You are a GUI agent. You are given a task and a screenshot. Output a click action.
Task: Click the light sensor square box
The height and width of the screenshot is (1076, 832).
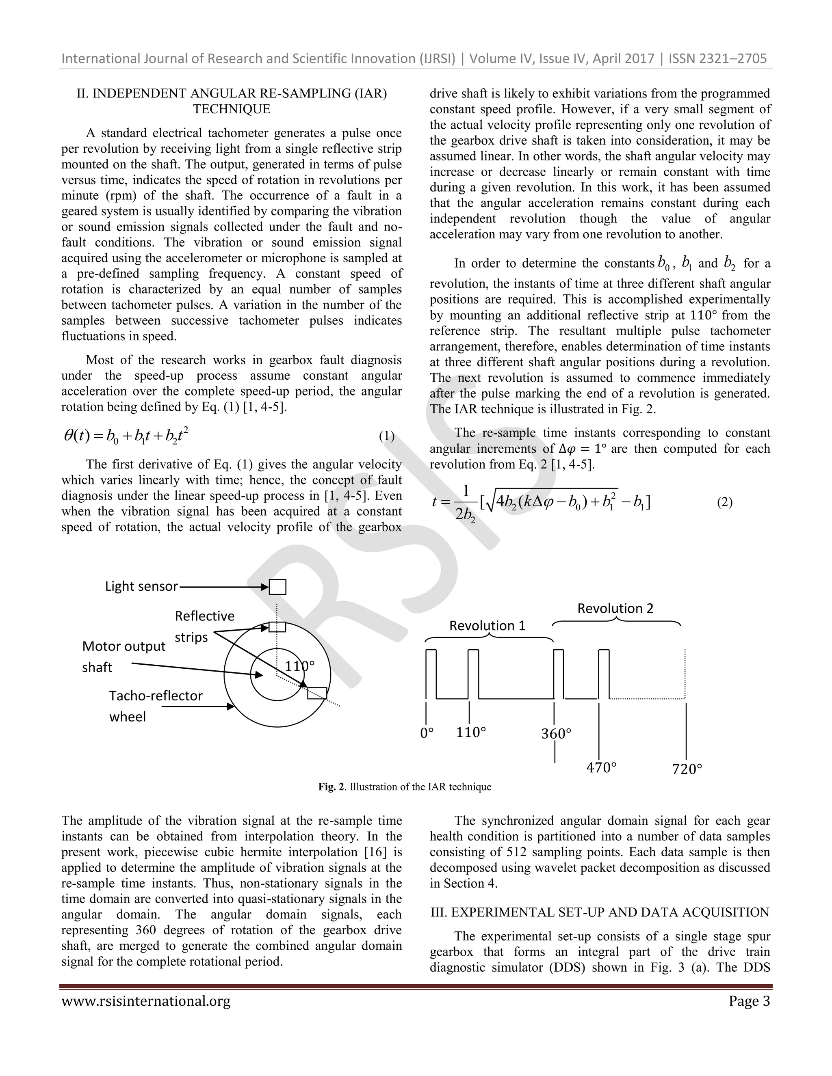[x=277, y=587]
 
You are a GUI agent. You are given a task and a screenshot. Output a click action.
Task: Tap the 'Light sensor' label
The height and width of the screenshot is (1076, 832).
[x=141, y=586]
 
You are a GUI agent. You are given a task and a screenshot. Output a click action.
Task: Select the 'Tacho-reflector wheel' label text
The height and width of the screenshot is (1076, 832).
[x=155, y=706]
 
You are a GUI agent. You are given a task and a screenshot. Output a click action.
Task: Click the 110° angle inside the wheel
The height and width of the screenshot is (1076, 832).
[x=299, y=666]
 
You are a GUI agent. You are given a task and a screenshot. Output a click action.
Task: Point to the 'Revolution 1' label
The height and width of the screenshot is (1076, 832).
[x=487, y=626]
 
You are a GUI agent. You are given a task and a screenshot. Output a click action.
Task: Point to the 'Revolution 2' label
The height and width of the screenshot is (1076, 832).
[x=615, y=609]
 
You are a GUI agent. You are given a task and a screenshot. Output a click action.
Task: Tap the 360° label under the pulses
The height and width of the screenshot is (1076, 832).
[x=556, y=734]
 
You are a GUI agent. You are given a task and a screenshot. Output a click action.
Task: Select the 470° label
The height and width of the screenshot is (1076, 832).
[x=601, y=767]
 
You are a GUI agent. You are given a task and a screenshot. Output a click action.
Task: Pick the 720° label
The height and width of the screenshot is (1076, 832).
[x=687, y=769]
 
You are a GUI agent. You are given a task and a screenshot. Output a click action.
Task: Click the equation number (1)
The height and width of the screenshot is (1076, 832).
[x=386, y=436]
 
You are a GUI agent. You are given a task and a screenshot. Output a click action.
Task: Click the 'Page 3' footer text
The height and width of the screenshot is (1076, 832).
[x=749, y=1002]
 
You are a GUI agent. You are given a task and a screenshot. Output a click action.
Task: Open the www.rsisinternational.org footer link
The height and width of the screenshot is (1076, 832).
[x=146, y=1002]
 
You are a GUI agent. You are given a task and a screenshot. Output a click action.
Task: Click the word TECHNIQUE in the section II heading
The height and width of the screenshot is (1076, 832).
[x=232, y=109]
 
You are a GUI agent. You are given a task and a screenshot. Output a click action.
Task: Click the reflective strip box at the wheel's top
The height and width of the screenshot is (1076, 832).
[x=277, y=627]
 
